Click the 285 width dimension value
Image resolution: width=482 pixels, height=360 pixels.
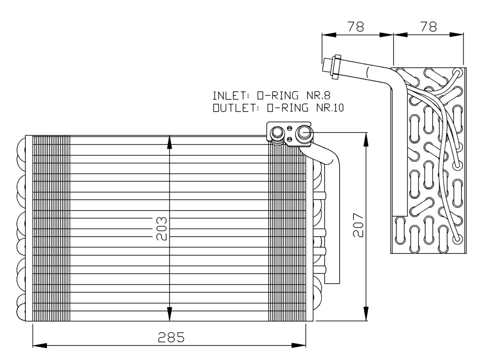tap(171, 338)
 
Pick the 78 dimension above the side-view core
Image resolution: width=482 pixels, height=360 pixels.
tap(428, 27)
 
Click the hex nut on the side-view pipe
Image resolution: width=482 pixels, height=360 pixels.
tap(334, 67)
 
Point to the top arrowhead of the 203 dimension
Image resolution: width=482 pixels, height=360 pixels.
tap(169, 141)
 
